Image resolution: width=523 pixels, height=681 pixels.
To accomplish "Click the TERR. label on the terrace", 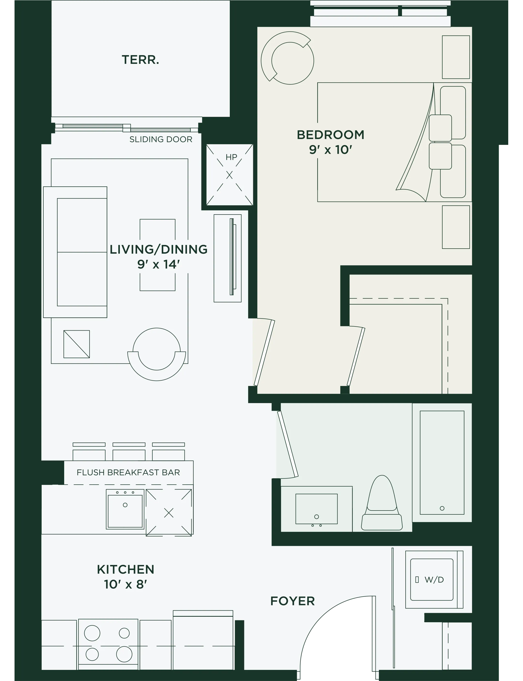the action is pos(140,60).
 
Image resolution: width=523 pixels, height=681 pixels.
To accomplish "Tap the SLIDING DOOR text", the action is pos(161,139).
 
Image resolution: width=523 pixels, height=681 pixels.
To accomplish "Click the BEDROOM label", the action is pos(330,135).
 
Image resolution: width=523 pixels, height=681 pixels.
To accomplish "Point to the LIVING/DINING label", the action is pos(158,249).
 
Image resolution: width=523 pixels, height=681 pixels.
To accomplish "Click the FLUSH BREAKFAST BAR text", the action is pos(128,472).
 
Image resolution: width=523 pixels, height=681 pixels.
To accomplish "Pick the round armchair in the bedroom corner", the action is pos(287,58).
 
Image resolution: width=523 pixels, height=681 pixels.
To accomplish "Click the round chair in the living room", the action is pos(157,354).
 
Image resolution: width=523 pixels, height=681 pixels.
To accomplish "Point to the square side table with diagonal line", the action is pos(77,344).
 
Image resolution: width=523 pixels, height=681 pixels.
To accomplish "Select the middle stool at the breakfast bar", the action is pos(129,452).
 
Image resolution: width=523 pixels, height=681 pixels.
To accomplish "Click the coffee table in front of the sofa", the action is pos(158,255).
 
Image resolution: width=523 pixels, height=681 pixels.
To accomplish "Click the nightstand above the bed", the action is pos(456,57).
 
